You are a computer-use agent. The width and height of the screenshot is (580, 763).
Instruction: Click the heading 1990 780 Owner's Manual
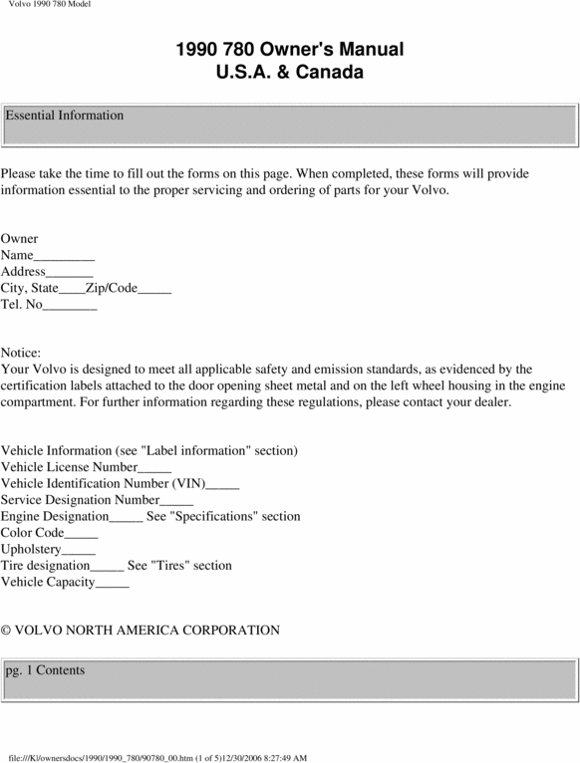point(290,50)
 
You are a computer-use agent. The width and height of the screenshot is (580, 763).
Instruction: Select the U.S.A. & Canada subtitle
point(290,73)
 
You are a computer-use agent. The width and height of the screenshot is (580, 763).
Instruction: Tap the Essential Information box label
point(65,116)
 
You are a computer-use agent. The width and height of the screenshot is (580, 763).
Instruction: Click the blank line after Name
point(64,257)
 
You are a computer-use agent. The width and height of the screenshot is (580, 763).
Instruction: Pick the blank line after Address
point(70,273)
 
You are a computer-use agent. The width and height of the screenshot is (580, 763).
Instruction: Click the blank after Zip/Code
point(154,290)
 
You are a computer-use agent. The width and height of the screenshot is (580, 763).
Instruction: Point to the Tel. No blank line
point(70,306)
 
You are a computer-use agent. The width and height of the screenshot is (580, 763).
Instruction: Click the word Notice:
point(21,354)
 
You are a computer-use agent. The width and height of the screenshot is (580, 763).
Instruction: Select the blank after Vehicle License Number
point(154,468)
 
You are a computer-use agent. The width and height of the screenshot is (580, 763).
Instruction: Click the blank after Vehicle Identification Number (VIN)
point(222,484)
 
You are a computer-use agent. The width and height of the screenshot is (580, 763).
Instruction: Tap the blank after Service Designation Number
point(176,501)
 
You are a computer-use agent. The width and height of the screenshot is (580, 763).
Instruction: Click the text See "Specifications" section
point(223,517)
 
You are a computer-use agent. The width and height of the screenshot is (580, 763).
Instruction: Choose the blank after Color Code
point(81,534)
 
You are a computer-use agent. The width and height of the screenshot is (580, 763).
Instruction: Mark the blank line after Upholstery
point(79,550)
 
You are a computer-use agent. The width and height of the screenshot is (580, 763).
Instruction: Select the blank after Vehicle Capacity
point(113,583)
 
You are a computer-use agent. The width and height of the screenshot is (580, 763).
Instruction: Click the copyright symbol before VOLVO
point(6,631)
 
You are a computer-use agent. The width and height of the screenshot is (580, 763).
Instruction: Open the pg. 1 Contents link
point(45,670)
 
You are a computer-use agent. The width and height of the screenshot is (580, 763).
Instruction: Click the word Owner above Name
point(20,239)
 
